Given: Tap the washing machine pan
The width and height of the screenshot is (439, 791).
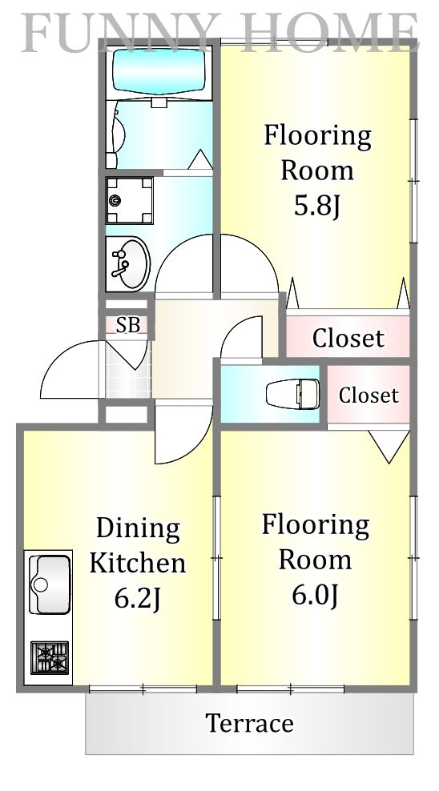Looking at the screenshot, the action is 130,200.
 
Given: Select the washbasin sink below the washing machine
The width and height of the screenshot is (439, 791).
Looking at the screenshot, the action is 128,263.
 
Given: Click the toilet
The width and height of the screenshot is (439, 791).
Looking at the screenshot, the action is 292,393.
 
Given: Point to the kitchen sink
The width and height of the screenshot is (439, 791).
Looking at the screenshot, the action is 50,584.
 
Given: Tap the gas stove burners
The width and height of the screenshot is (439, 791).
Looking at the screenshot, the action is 50,657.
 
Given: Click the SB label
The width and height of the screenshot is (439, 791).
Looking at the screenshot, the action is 127,325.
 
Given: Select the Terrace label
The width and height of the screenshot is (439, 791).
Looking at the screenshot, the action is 249,723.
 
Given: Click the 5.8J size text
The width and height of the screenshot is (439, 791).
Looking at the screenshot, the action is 317,205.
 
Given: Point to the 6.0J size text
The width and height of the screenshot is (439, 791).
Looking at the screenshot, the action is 315,596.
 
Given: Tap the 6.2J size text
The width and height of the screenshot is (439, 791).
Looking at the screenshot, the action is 137,599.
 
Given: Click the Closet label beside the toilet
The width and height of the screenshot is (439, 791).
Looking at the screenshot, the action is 369,395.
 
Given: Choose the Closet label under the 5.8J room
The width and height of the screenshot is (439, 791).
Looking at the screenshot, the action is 348,338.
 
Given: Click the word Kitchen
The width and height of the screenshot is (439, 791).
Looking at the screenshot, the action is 138,563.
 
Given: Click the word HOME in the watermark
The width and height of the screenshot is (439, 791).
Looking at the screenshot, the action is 329,33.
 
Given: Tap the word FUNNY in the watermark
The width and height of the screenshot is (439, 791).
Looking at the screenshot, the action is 121,33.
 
